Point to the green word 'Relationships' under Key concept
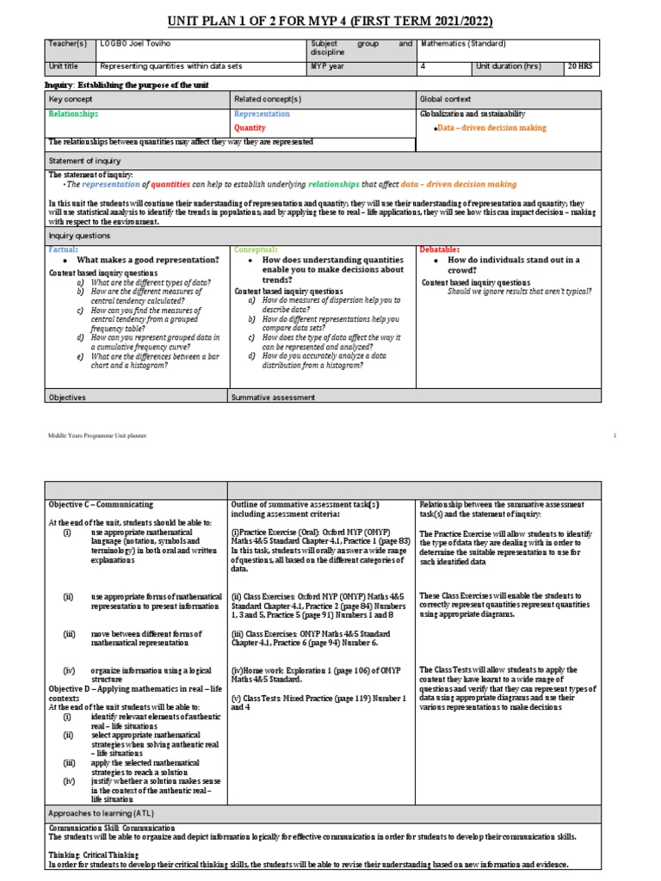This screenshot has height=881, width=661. point(73,114)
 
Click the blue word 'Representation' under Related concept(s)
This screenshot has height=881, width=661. point(262,114)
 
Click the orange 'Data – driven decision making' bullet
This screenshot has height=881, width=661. point(491,127)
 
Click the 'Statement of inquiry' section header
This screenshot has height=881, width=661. point(85,160)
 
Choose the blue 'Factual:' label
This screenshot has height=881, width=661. point(64,249)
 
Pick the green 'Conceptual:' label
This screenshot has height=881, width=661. point(256,249)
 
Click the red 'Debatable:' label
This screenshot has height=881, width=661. point(440,249)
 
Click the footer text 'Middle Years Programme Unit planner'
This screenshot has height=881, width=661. point(97,436)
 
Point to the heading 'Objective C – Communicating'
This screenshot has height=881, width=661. point(101,504)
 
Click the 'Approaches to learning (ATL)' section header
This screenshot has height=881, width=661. point(102,812)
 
